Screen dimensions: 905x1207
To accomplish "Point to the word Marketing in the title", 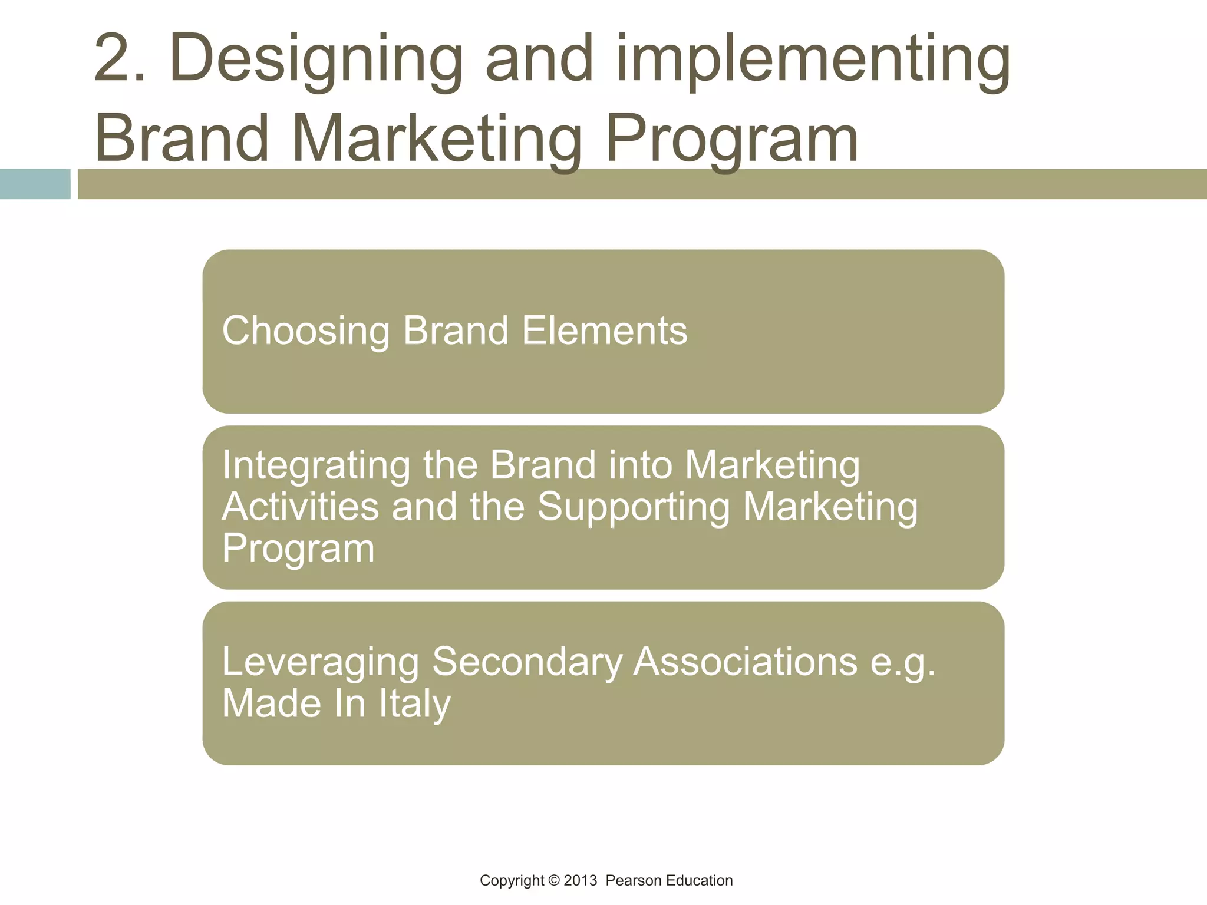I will [x=436, y=140].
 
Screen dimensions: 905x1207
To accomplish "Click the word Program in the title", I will [x=731, y=140].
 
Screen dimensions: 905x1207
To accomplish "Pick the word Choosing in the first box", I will [x=306, y=331].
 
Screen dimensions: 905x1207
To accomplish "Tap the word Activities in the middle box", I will [x=301, y=507].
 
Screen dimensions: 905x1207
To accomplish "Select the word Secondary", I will [x=527, y=662].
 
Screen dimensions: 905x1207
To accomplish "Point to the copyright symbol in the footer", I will [x=553, y=881].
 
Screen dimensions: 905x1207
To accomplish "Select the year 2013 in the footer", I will [x=581, y=881].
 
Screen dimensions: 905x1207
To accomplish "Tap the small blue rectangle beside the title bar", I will [x=35, y=184].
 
